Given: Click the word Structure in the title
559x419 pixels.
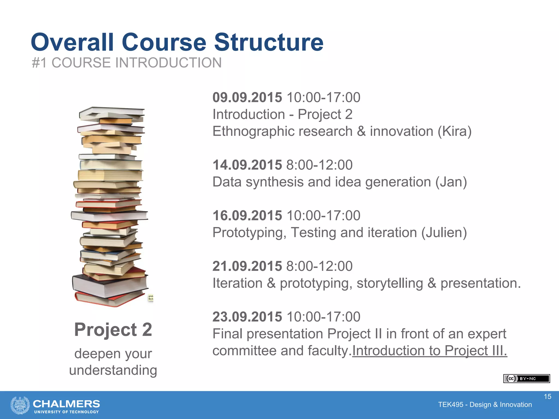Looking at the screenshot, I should click(269, 42).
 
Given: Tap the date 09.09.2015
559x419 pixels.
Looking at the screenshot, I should click(247, 97).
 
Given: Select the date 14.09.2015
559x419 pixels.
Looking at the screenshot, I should click(247, 165).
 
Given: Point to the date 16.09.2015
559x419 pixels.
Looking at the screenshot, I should click(247, 216).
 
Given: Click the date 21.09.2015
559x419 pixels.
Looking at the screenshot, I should click(247, 266).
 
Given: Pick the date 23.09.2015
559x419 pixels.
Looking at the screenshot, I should click(247, 317).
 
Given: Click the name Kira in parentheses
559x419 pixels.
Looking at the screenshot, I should click(454, 131).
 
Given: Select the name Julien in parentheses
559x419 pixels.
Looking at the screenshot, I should click(444, 233).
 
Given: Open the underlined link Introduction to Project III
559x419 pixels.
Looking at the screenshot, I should click(429, 351).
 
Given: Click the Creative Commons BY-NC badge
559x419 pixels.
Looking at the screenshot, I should click(526, 379).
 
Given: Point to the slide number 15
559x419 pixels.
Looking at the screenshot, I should click(548, 397).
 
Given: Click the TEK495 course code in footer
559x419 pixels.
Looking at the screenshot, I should click(450, 405).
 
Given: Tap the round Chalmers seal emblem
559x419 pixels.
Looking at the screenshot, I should click(20, 405).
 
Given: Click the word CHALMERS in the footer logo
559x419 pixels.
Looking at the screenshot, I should click(66, 404).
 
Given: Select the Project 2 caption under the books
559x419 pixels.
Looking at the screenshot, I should click(113, 330).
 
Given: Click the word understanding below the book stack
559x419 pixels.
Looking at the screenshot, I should click(113, 370).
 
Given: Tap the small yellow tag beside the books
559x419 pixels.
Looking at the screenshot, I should click(151, 297).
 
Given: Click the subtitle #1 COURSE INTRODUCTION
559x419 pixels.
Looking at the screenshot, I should click(127, 63).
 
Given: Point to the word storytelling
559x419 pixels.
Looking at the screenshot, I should click(390, 283).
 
